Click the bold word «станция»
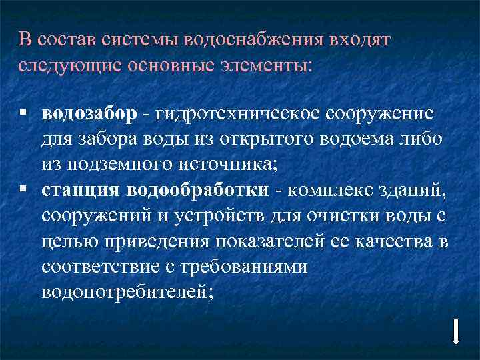point(81,191)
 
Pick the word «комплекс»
point(322,191)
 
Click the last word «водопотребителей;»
point(127,292)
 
